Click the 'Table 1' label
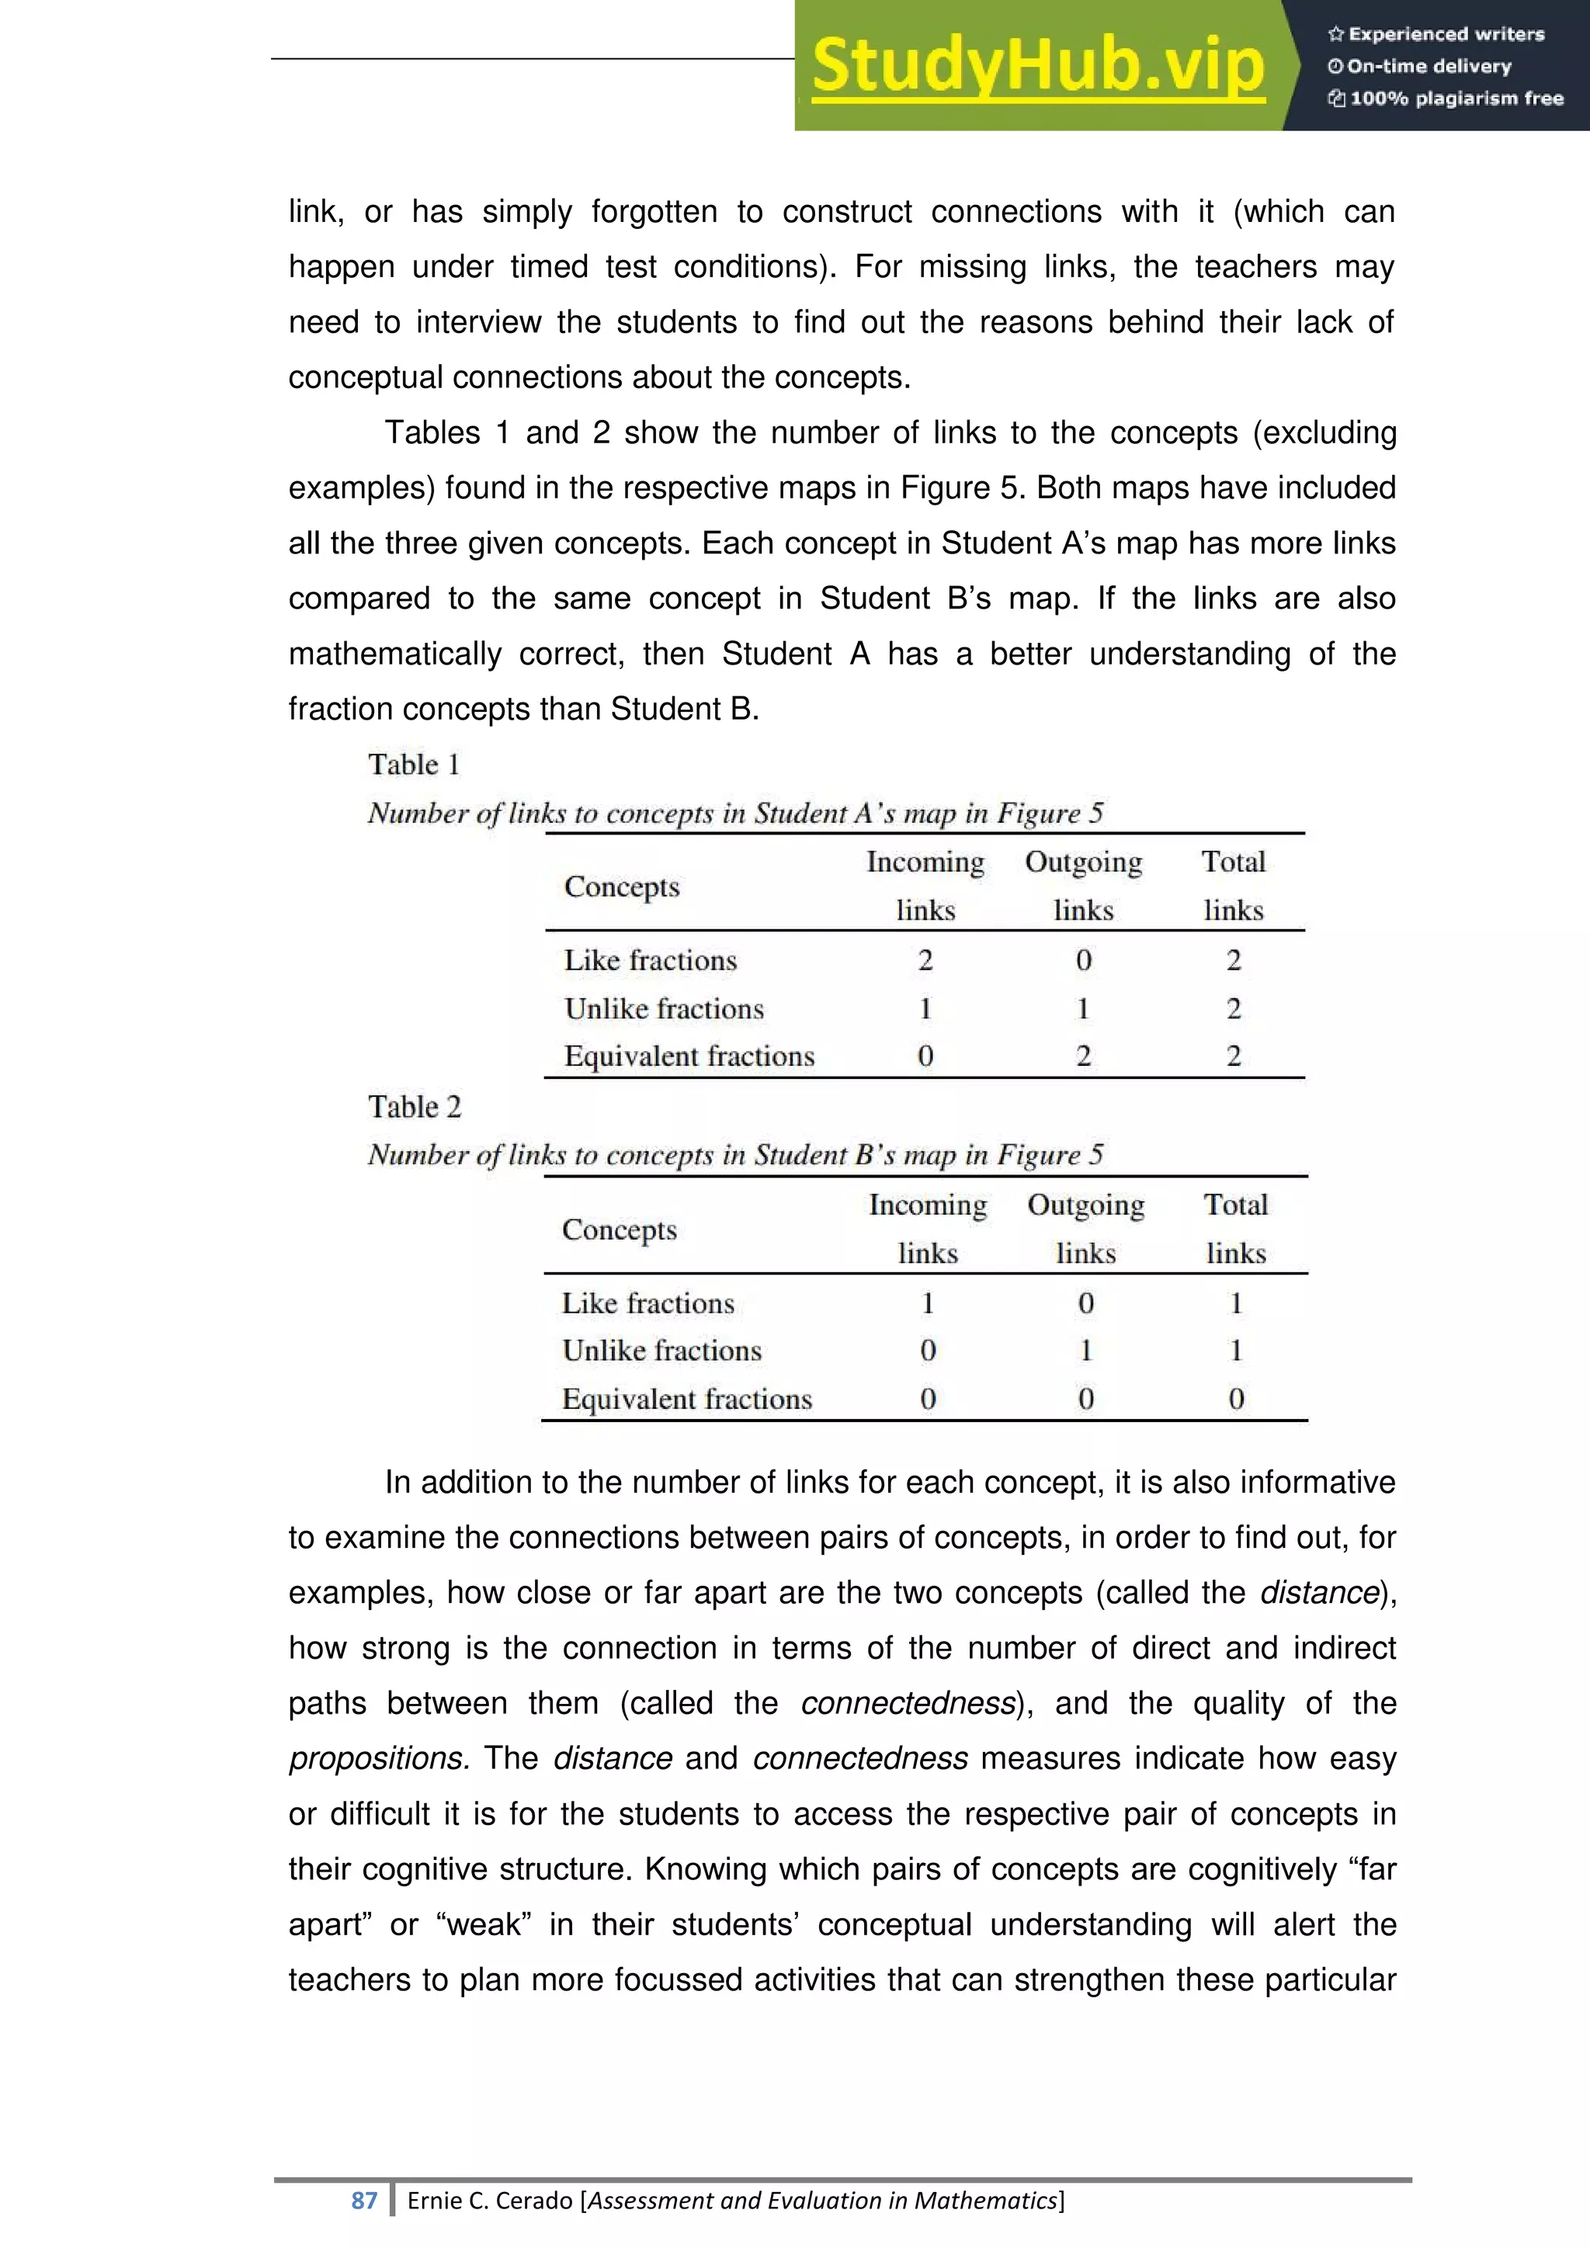coord(413,765)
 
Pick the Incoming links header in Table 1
coord(925,885)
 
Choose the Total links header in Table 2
coord(1235,1228)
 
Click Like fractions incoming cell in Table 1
coord(925,960)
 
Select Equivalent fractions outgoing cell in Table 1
coord(1083,1056)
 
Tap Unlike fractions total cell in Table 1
coord(1234,1008)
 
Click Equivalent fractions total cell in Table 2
coord(1235,1398)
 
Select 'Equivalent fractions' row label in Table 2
coord(686,1399)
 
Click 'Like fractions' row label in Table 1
coord(650,960)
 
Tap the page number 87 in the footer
coord(364,2200)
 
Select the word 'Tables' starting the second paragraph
coord(432,433)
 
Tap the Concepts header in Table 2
coord(619,1230)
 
